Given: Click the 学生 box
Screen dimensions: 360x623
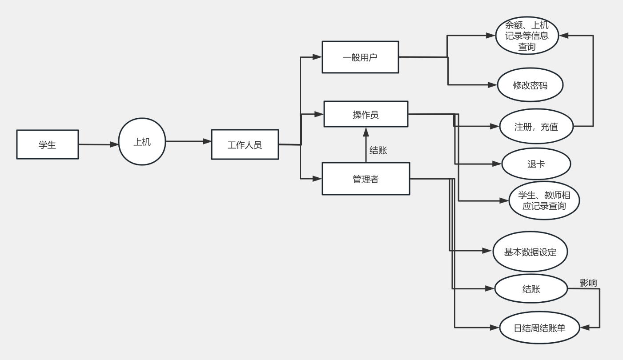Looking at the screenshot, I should tap(48, 144).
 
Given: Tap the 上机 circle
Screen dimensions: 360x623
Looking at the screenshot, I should tap(142, 142).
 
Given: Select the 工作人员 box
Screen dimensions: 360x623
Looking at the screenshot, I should tap(245, 144).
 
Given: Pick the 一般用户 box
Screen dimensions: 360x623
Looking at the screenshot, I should tap(360, 57).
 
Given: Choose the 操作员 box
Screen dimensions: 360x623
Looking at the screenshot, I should tap(366, 114).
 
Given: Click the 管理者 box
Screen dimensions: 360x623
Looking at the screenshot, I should tap(366, 179).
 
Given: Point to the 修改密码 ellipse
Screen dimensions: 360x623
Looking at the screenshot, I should tap(530, 85).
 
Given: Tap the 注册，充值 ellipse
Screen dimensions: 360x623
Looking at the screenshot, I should tap(536, 126).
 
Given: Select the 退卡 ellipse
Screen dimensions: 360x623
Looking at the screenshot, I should tap(536, 164).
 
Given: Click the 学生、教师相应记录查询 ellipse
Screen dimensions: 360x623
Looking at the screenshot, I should tap(544, 200).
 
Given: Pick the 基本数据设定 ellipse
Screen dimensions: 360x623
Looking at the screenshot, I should tap(530, 252).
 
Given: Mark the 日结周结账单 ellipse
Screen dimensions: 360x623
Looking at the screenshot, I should tap(540, 328).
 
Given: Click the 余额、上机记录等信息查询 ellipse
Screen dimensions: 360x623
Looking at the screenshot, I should tap(527, 36).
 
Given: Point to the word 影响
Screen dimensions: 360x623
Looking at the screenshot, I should tap(588, 283).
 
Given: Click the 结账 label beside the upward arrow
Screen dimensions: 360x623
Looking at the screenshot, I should tap(378, 150).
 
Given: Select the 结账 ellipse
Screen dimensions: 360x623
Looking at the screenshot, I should tap(531, 289).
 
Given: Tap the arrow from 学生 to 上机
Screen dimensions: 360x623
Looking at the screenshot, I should tap(98, 144).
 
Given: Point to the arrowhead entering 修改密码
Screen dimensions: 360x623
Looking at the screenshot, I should tap(492, 85).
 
